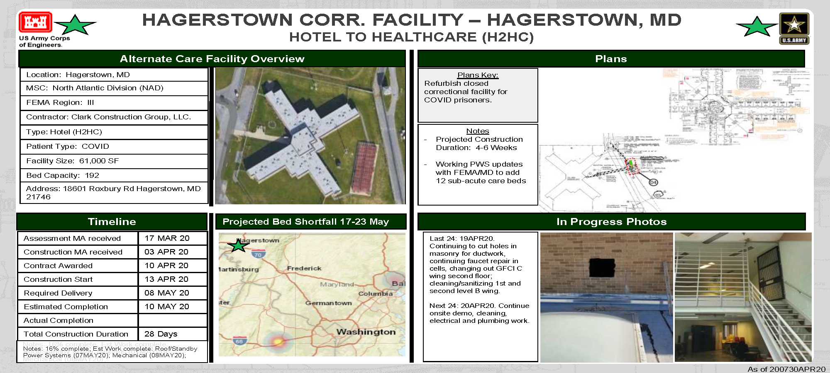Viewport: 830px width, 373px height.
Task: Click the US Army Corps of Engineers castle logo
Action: (35, 22)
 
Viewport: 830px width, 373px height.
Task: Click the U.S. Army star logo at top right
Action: (794, 27)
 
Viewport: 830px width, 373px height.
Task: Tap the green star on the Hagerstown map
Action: (239, 246)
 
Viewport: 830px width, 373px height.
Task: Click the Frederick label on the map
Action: (304, 269)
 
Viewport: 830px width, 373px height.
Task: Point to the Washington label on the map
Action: (366, 332)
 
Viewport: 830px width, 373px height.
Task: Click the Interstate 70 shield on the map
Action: (258, 254)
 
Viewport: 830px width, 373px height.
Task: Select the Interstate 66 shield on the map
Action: (239, 342)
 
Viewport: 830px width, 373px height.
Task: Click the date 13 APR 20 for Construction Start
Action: (166, 279)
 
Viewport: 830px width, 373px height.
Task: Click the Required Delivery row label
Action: (58, 293)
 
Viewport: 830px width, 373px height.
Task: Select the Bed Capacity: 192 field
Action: (63, 175)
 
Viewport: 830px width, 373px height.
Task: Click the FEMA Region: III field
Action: (60, 102)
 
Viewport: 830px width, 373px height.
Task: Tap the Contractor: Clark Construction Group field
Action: (108, 117)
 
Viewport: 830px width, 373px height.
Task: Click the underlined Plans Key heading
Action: (478, 75)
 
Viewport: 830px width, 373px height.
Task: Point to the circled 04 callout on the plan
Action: (653, 182)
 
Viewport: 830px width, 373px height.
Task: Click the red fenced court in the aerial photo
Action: (364, 167)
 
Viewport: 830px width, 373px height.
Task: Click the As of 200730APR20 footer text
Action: (786, 369)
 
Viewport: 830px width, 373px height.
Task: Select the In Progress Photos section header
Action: (611, 222)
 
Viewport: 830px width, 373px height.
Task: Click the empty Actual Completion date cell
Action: (172, 320)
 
